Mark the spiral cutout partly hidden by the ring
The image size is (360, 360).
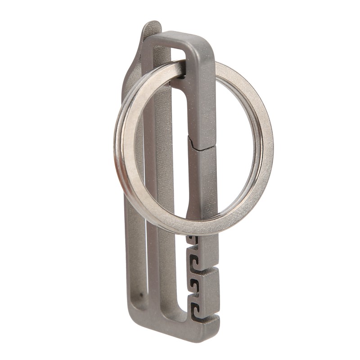click(193, 239)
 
